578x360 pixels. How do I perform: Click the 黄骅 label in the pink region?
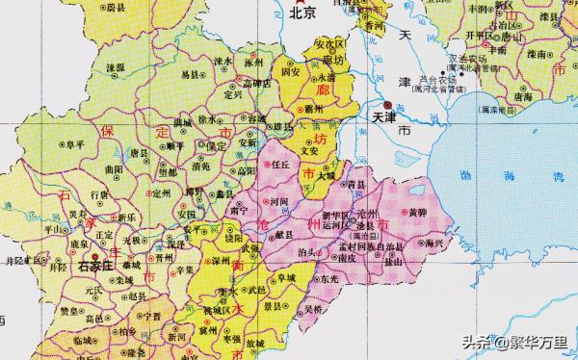[x=417, y=211]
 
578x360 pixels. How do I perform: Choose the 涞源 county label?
[x=116, y=68]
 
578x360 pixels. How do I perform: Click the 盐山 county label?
[x=393, y=261]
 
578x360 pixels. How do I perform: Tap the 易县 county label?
[x=191, y=73]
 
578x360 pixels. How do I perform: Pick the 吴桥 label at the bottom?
[x=311, y=310]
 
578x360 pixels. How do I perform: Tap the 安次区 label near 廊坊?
[x=328, y=44]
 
